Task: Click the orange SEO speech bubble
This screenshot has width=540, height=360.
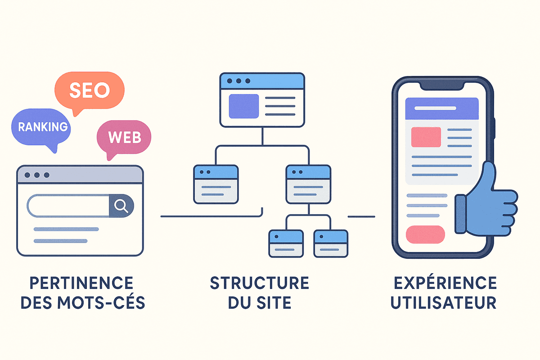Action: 89,90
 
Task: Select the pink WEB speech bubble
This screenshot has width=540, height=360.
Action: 125,137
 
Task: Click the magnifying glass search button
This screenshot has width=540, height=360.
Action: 121,206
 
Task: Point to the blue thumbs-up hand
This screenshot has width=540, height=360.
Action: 488,202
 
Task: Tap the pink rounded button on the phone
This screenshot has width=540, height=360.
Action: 425,234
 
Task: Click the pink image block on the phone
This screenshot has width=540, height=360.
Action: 426,137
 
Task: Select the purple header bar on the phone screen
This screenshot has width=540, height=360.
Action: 441,108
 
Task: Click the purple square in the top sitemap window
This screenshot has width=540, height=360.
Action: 244,106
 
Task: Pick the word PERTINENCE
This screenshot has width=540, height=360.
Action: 81,283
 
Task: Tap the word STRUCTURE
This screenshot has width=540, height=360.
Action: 260,283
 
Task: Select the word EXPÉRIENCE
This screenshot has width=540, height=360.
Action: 443,283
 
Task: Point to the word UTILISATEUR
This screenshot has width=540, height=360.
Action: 443,303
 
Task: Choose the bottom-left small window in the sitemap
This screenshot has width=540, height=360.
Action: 285,243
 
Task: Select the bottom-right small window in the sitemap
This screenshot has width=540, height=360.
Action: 331,243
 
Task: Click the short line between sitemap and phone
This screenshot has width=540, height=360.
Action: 361,217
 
